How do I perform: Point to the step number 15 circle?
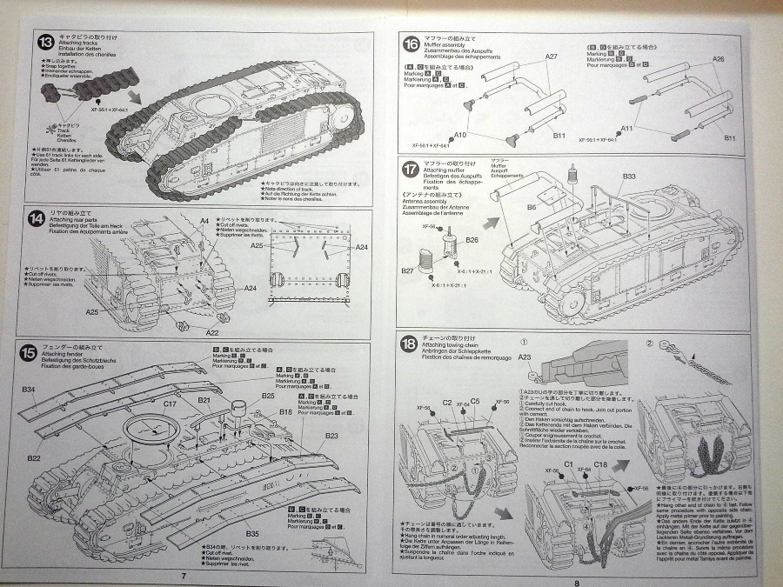[30, 353]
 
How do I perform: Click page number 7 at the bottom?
[184, 575]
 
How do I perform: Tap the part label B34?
[29, 388]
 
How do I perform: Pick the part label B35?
[252, 532]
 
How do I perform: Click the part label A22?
[211, 331]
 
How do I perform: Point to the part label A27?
[551, 57]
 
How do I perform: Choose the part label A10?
[460, 136]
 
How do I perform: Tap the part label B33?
[629, 177]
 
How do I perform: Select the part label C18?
[601, 465]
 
